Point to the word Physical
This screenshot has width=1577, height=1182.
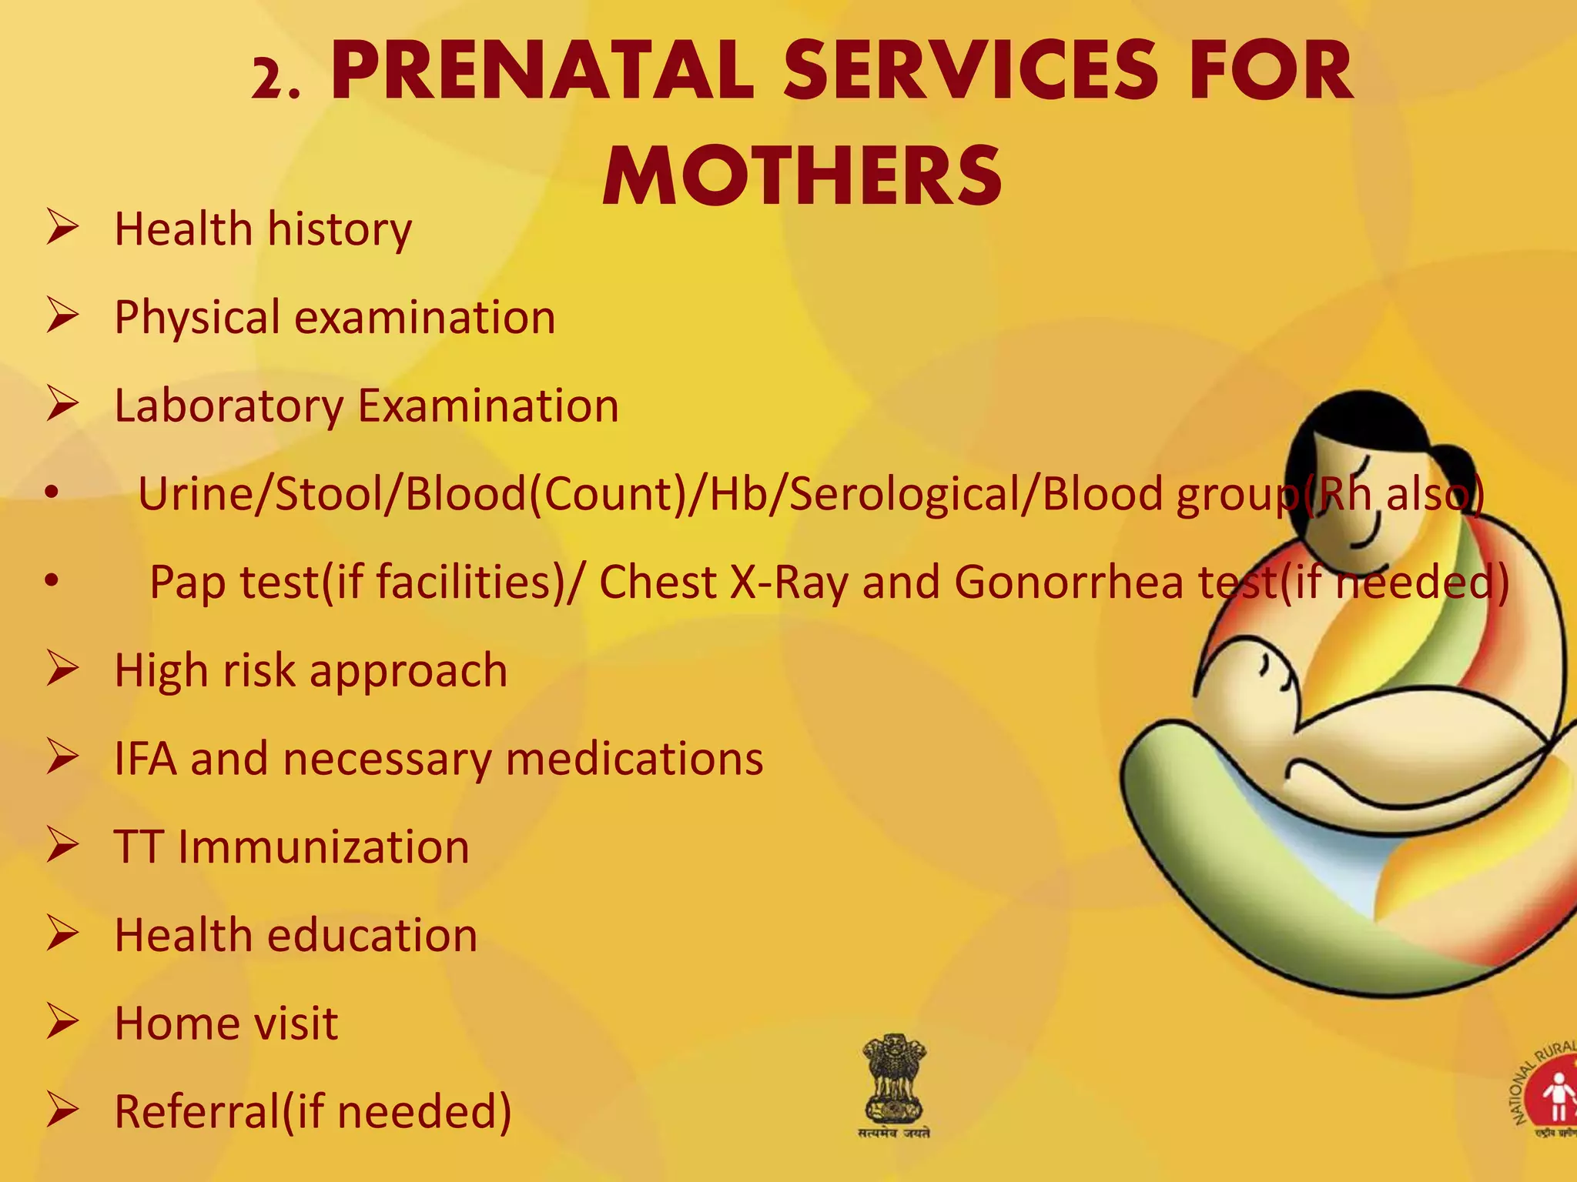[197, 318]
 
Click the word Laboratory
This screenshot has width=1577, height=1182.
[229, 406]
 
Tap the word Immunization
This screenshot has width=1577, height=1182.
[323, 847]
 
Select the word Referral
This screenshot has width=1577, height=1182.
[196, 1112]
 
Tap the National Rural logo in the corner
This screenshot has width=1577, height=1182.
[1548, 1093]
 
